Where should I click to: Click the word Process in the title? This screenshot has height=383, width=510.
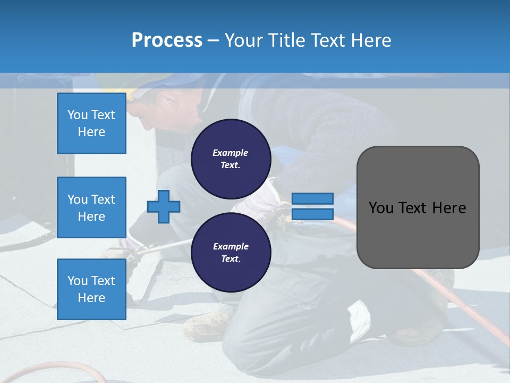pyautogui.click(x=167, y=40)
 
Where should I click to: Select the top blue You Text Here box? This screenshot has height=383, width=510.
pyautogui.click(x=91, y=123)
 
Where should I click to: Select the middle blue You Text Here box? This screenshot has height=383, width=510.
pyautogui.click(x=91, y=207)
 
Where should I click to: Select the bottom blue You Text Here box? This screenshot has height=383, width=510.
pyautogui.click(x=91, y=289)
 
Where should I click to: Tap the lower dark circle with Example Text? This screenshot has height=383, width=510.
pyautogui.click(x=231, y=252)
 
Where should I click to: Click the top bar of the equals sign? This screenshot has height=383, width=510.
pyautogui.click(x=312, y=199)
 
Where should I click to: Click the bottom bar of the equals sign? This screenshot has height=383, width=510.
pyautogui.click(x=312, y=214)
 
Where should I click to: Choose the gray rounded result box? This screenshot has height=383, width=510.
pyautogui.click(x=418, y=207)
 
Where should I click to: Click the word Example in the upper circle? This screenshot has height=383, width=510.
pyautogui.click(x=231, y=153)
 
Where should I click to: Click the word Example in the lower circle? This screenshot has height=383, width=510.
pyautogui.click(x=231, y=246)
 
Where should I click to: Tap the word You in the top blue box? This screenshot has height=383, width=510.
pyautogui.click(x=77, y=115)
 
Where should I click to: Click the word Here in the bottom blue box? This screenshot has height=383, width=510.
pyautogui.click(x=91, y=298)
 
